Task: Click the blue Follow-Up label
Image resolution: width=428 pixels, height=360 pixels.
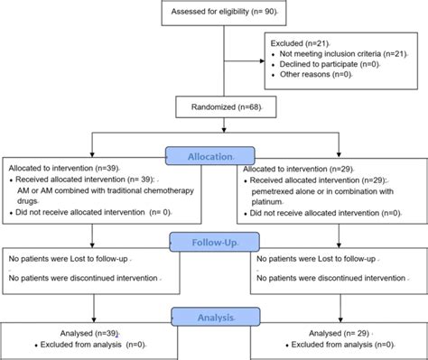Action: (213, 242)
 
